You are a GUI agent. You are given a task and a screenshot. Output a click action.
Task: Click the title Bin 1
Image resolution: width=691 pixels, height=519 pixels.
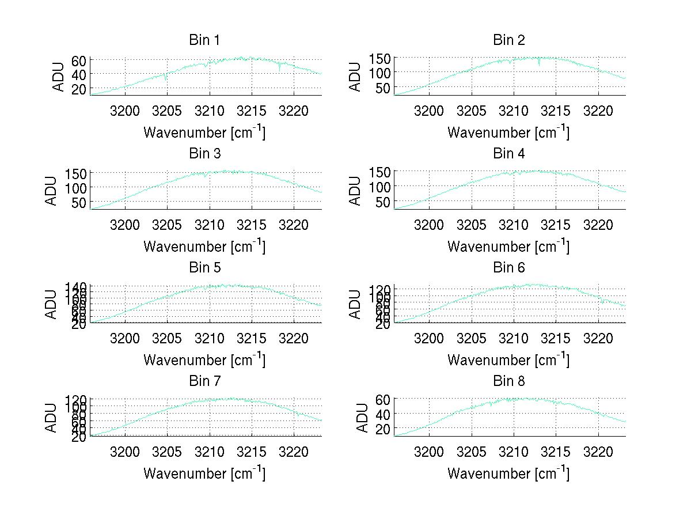coord(204,40)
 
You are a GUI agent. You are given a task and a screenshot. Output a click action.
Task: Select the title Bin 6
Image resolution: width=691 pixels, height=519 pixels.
coord(509,267)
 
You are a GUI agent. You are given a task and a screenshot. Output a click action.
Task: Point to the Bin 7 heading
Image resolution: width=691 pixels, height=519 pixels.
coord(204,381)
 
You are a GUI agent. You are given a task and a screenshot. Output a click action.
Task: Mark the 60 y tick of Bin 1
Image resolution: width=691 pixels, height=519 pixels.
coord(79,60)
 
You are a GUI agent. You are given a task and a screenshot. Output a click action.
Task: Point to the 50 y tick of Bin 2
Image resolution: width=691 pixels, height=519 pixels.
coord(383,88)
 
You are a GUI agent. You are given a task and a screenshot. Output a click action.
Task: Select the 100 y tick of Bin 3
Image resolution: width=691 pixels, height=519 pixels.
coord(76,188)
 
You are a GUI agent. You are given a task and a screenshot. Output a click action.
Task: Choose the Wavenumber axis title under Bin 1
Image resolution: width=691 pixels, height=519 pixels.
coord(204,132)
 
